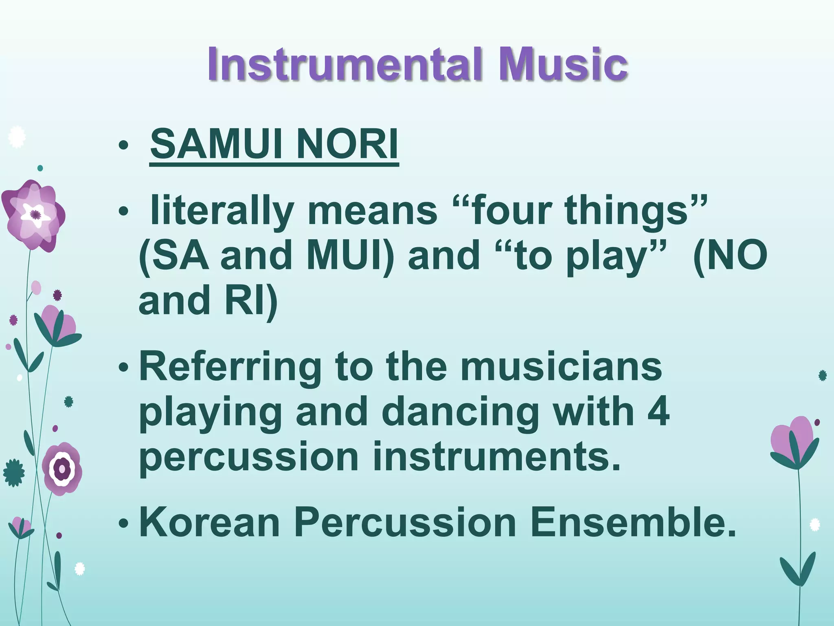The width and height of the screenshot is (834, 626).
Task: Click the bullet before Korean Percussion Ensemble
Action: click(123, 523)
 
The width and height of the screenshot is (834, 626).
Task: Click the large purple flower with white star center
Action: click(33, 215)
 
